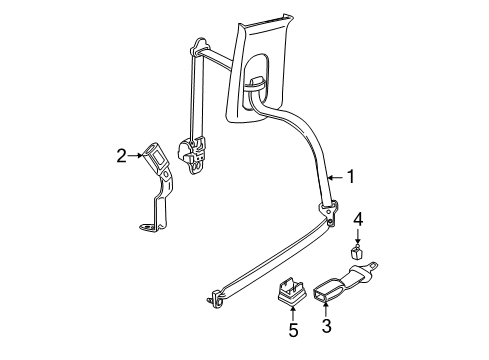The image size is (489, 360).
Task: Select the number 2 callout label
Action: pos(121,155)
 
